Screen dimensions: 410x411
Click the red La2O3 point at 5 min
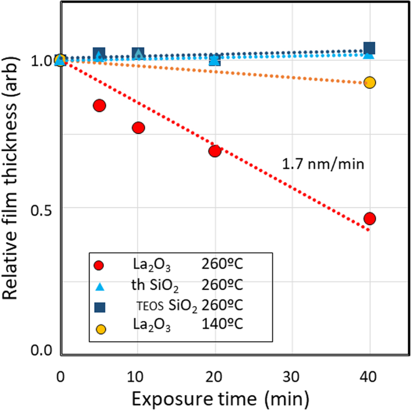click(x=99, y=105)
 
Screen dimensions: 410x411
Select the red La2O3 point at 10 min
click(x=138, y=128)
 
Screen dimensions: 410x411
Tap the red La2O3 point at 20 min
click(x=215, y=151)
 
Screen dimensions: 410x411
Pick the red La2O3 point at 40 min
click(x=370, y=218)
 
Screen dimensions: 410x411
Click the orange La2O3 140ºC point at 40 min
click(x=370, y=83)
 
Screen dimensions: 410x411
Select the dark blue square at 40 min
click(x=370, y=47)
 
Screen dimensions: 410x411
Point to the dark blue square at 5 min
click(x=99, y=53)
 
